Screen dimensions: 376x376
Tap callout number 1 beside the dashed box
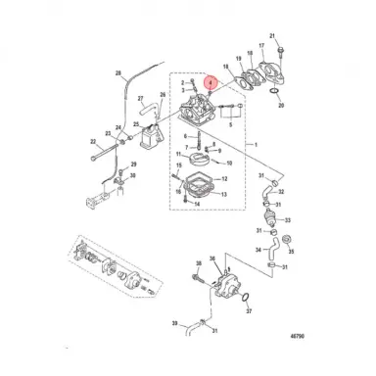pos(258,145)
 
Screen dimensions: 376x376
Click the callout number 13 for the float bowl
pos(225,195)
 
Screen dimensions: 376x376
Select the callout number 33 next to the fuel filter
pos(290,220)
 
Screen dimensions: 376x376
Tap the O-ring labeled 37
pos(248,298)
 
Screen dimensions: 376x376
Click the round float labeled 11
pos(203,156)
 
